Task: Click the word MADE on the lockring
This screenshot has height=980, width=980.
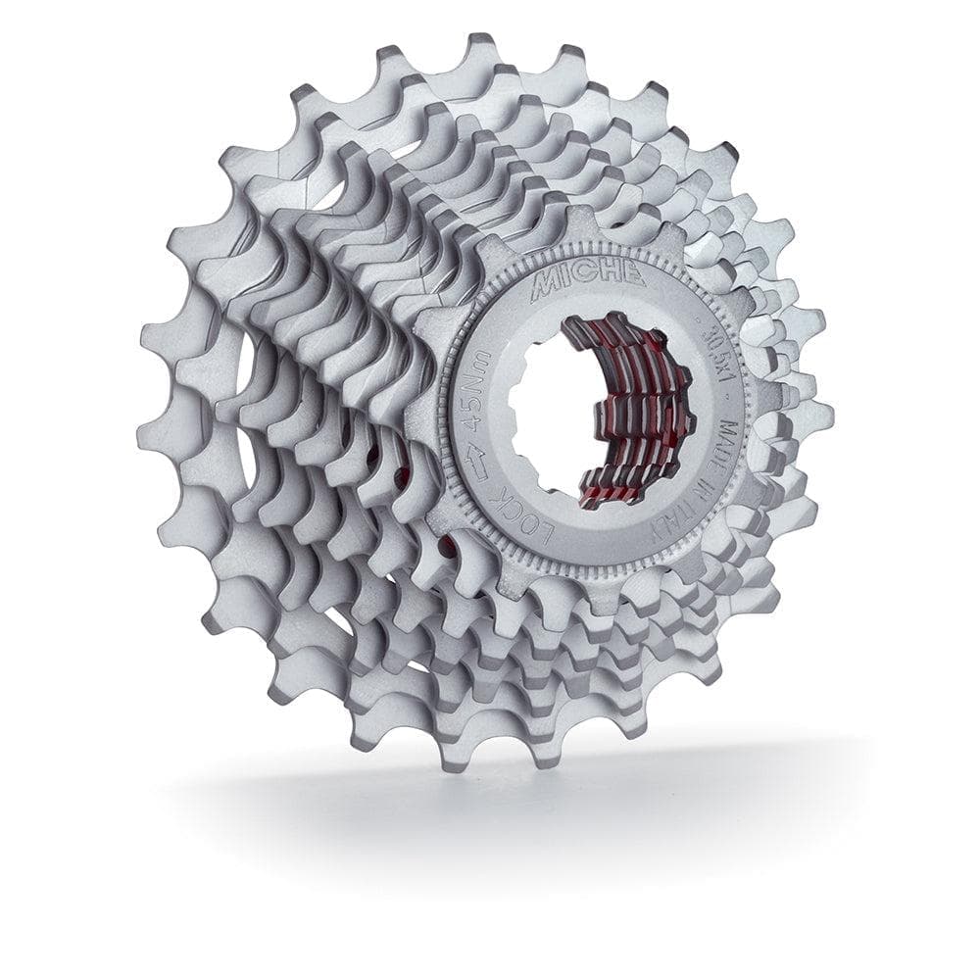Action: pyautogui.click(x=729, y=443)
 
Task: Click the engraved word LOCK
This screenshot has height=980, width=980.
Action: pyautogui.click(x=523, y=516)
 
